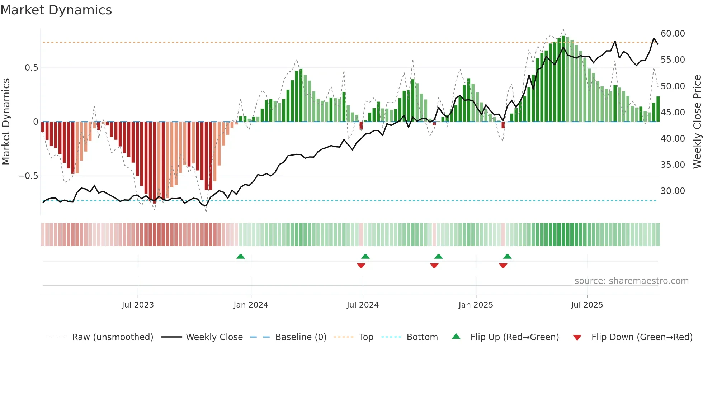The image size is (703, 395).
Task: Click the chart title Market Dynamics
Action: tap(56, 10)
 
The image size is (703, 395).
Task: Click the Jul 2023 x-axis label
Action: tap(138, 305)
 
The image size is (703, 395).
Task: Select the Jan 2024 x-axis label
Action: tap(251, 305)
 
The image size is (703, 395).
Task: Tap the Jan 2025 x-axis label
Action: tap(476, 305)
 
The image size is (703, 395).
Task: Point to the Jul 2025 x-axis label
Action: tap(587, 305)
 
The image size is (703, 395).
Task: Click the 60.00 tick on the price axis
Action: tap(673, 34)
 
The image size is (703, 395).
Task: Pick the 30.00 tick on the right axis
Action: tap(673, 191)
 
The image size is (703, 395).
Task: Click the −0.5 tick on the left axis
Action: tap(28, 176)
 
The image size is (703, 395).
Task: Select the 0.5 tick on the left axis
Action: tap(31, 68)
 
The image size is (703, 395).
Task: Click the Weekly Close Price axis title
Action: tap(697, 122)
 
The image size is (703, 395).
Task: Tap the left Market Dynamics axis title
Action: tap(6, 122)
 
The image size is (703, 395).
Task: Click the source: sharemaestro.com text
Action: tap(631, 281)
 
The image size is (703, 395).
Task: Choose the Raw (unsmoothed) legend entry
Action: tap(112, 337)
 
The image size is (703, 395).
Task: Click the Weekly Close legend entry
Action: tap(214, 337)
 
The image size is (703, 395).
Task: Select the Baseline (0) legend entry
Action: tap(301, 337)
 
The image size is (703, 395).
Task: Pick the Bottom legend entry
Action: tap(422, 337)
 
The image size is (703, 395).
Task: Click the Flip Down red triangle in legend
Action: tap(577, 338)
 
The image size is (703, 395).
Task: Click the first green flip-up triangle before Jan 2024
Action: tap(241, 257)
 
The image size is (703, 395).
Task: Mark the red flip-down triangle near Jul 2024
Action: tap(361, 266)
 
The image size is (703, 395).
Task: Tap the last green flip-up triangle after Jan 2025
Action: tap(507, 257)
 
